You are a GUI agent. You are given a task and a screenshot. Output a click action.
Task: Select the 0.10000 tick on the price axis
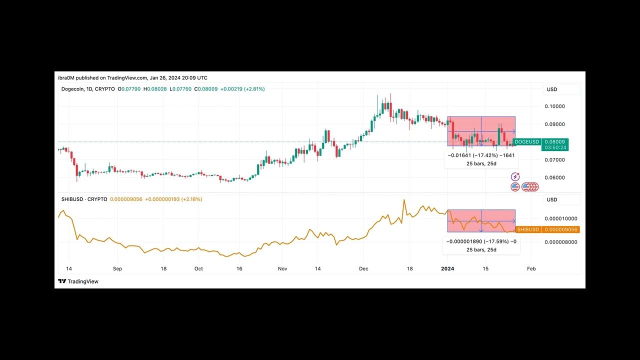coord(554,106)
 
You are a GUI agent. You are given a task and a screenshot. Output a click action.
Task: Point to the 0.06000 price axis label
coord(554,177)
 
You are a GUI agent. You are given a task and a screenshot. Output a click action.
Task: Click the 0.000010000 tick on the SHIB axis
coord(560,218)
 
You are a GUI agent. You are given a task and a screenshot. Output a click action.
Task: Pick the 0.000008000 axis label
coord(560,242)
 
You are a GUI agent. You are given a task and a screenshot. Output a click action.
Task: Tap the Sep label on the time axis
coord(117,268)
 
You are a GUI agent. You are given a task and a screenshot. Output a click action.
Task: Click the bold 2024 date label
coord(447,268)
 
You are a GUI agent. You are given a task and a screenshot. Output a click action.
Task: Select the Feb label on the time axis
coord(531,268)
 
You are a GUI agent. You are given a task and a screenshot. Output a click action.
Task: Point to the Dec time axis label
coord(363,268)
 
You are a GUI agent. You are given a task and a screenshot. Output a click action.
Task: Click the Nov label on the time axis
coord(282,268)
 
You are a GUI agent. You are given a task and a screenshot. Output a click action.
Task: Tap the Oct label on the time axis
coord(198,268)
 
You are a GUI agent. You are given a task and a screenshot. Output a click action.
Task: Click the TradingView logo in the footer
coord(78,281)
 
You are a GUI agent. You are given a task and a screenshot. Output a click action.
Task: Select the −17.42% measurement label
coord(480,155)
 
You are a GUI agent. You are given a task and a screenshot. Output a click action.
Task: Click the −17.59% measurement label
coord(480,241)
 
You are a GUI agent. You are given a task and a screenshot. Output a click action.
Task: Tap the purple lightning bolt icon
coord(515,177)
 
